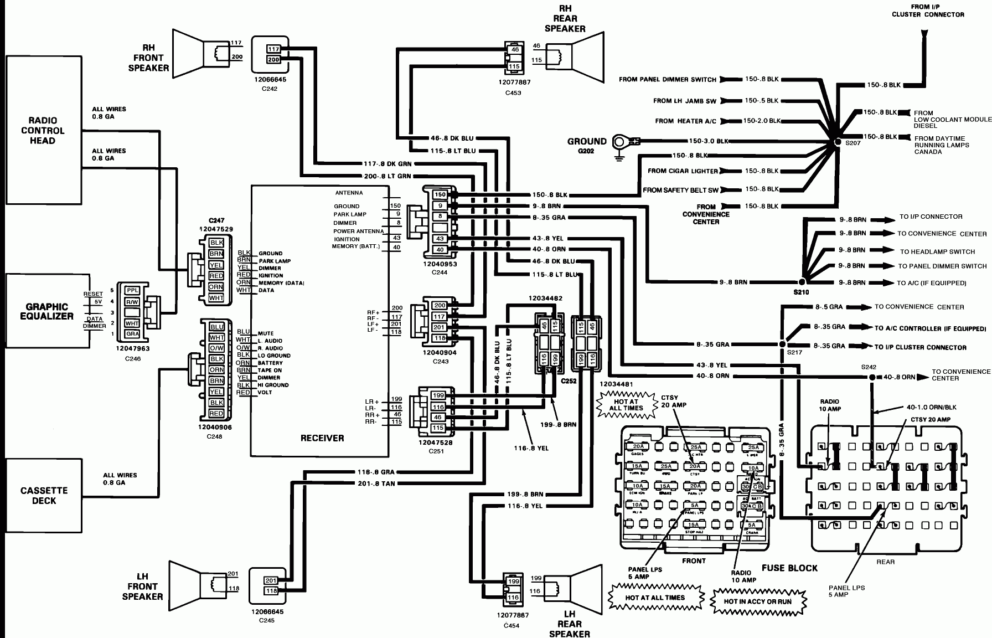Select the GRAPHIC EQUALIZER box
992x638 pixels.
click(x=46, y=311)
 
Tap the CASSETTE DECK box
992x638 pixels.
click(x=44, y=495)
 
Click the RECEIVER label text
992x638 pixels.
click(x=322, y=438)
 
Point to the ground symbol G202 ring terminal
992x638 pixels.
click(x=619, y=142)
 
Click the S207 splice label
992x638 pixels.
click(x=853, y=142)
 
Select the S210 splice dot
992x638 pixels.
click(x=802, y=282)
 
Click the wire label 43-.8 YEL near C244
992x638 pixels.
click(x=548, y=238)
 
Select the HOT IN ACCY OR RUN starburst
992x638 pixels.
click(x=757, y=601)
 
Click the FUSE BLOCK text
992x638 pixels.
click(x=789, y=568)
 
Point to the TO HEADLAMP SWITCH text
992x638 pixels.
click(x=937, y=251)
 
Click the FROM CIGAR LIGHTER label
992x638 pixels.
click(x=683, y=171)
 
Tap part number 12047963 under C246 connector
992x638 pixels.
click(x=132, y=349)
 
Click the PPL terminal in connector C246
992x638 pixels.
click(x=132, y=290)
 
